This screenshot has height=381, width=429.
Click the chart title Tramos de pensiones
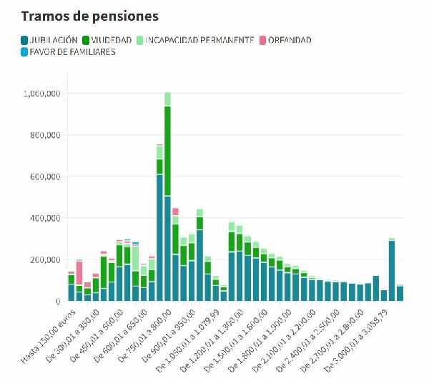89,15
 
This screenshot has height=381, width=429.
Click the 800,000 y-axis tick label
47,135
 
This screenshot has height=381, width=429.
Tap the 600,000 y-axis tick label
47,177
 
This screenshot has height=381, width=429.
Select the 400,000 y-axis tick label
47,218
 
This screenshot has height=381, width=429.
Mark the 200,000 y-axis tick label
47,259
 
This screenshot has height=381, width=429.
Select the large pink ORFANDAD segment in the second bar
79,272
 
